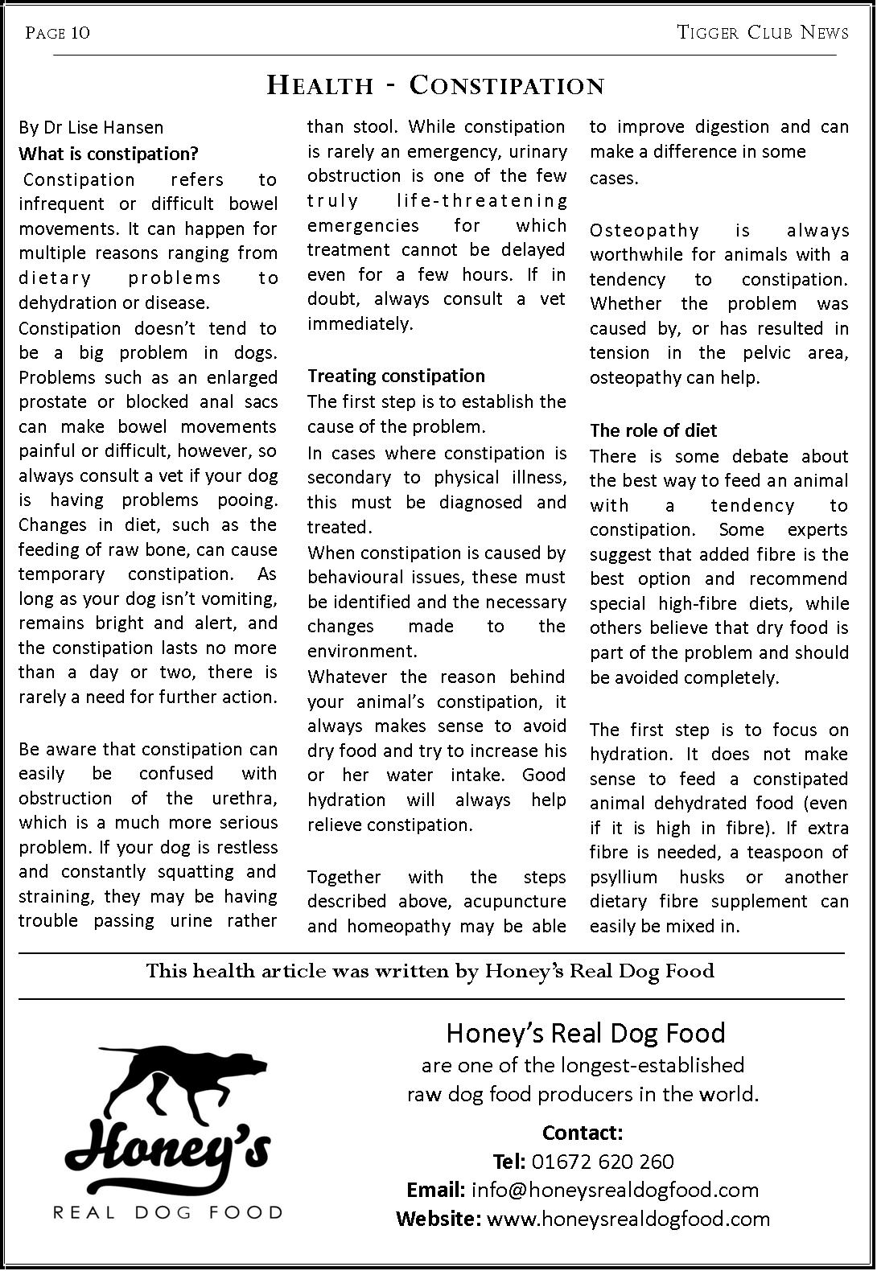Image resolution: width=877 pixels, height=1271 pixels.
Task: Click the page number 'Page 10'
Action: pyautogui.click(x=57, y=32)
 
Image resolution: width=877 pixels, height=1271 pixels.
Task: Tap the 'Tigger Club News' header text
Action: pyautogui.click(x=762, y=32)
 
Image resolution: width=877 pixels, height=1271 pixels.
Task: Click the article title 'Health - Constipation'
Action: pyautogui.click(x=435, y=85)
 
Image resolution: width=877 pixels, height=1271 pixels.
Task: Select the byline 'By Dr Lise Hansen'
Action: pyautogui.click(x=91, y=127)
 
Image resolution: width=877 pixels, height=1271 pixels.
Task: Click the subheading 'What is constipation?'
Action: pyautogui.click(x=109, y=153)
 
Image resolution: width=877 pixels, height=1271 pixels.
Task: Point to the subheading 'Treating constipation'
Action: pyautogui.click(x=396, y=376)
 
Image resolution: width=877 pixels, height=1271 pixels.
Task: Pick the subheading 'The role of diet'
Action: pyautogui.click(x=653, y=430)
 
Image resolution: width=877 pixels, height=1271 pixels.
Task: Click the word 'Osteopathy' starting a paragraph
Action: pyautogui.click(x=644, y=231)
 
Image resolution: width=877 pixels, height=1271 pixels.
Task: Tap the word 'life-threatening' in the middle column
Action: pyautogui.click(x=482, y=200)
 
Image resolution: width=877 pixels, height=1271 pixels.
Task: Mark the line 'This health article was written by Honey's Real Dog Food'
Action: pyautogui.click(x=430, y=971)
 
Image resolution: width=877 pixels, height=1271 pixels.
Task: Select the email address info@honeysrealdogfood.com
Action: pyautogui.click(x=615, y=1190)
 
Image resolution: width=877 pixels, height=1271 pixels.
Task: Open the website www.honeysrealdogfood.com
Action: pyautogui.click(x=628, y=1219)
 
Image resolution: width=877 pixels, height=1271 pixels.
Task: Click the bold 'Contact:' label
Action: pyautogui.click(x=583, y=1133)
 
